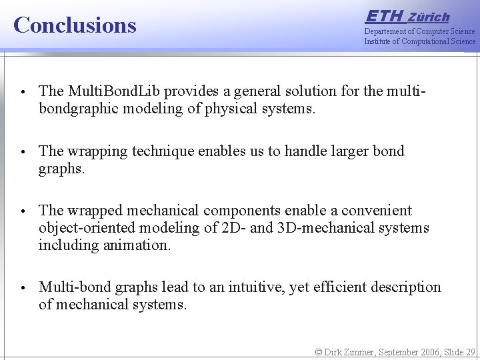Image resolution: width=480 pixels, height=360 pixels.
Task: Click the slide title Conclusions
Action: point(75,25)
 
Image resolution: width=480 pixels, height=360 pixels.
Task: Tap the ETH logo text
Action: point(384,16)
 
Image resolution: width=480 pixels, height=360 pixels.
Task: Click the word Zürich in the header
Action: point(429,17)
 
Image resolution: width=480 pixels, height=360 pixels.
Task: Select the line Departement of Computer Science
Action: point(419,31)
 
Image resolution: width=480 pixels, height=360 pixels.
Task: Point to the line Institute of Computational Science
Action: point(419,41)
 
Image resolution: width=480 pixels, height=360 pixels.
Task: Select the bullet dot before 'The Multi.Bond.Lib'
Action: point(23,91)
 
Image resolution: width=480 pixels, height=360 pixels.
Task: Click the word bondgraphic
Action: point(78,108)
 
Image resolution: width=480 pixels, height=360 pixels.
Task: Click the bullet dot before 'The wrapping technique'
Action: point(23,152)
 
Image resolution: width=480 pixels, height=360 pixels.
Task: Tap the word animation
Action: point(136,245)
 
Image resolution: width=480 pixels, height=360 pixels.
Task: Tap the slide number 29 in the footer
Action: point(470,352)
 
